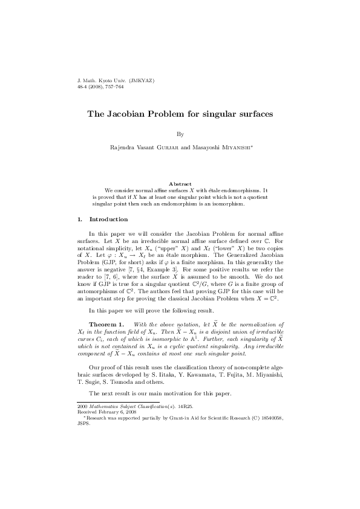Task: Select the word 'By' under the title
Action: [180, 134]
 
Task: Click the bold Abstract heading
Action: [180, 184]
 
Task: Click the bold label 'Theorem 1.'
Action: [106, 325]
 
